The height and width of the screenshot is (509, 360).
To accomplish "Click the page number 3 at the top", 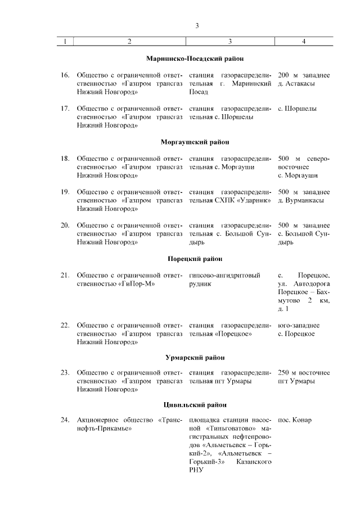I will point(197,25).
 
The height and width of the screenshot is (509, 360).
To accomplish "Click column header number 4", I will point(304,41).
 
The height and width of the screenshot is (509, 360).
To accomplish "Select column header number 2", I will point(129,41).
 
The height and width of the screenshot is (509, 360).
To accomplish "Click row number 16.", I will point(65,75).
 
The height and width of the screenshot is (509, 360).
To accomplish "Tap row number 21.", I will point(65,276).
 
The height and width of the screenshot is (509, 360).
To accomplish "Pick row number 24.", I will point(65,421).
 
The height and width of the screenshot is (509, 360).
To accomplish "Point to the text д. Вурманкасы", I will point(300,201).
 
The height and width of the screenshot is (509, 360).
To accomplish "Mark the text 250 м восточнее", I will point(304,373).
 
